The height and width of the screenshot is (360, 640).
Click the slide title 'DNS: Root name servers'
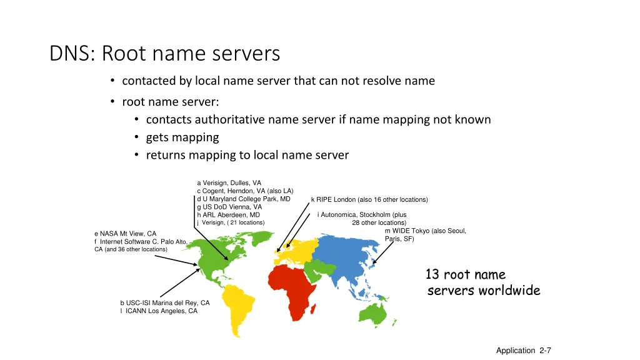click(x=164, y=54)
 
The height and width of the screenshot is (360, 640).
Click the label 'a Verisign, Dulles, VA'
click(x=229, y=183)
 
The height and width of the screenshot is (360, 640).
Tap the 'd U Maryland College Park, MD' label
click(x=244, y=199)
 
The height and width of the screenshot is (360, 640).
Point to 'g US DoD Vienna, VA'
click(x=229, y=207)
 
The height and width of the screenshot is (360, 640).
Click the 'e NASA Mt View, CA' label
click(x=125, y=234)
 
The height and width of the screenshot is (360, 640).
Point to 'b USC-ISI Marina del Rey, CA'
click(x=165, y=303)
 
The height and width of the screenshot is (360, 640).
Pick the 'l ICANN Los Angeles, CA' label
click(x=159, y=311)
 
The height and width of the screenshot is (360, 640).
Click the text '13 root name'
click(x=465, y=274)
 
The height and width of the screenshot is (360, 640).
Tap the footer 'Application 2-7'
click(x=523, y=351)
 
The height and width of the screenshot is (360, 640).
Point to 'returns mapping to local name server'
click(x=247, y=155)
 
